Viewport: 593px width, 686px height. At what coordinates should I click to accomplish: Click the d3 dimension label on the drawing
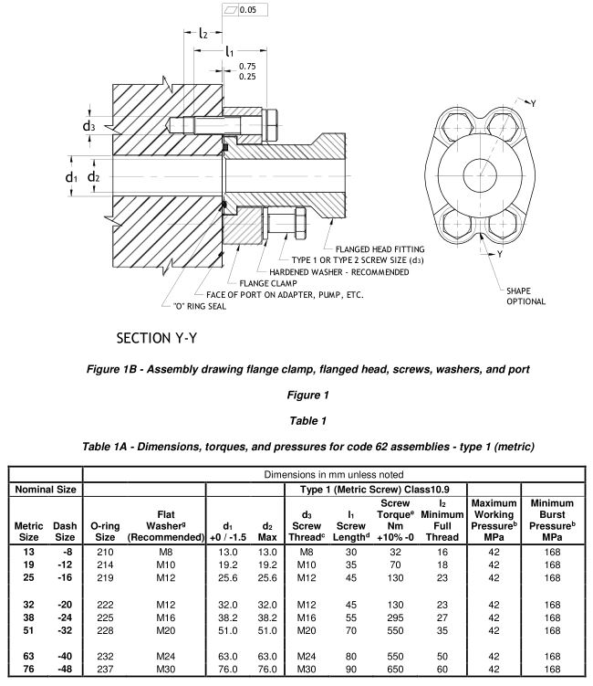point(88,126)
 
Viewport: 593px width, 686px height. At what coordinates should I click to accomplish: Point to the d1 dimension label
point(71,176)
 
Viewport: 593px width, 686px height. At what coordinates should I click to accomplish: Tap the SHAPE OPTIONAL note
point(526,296)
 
